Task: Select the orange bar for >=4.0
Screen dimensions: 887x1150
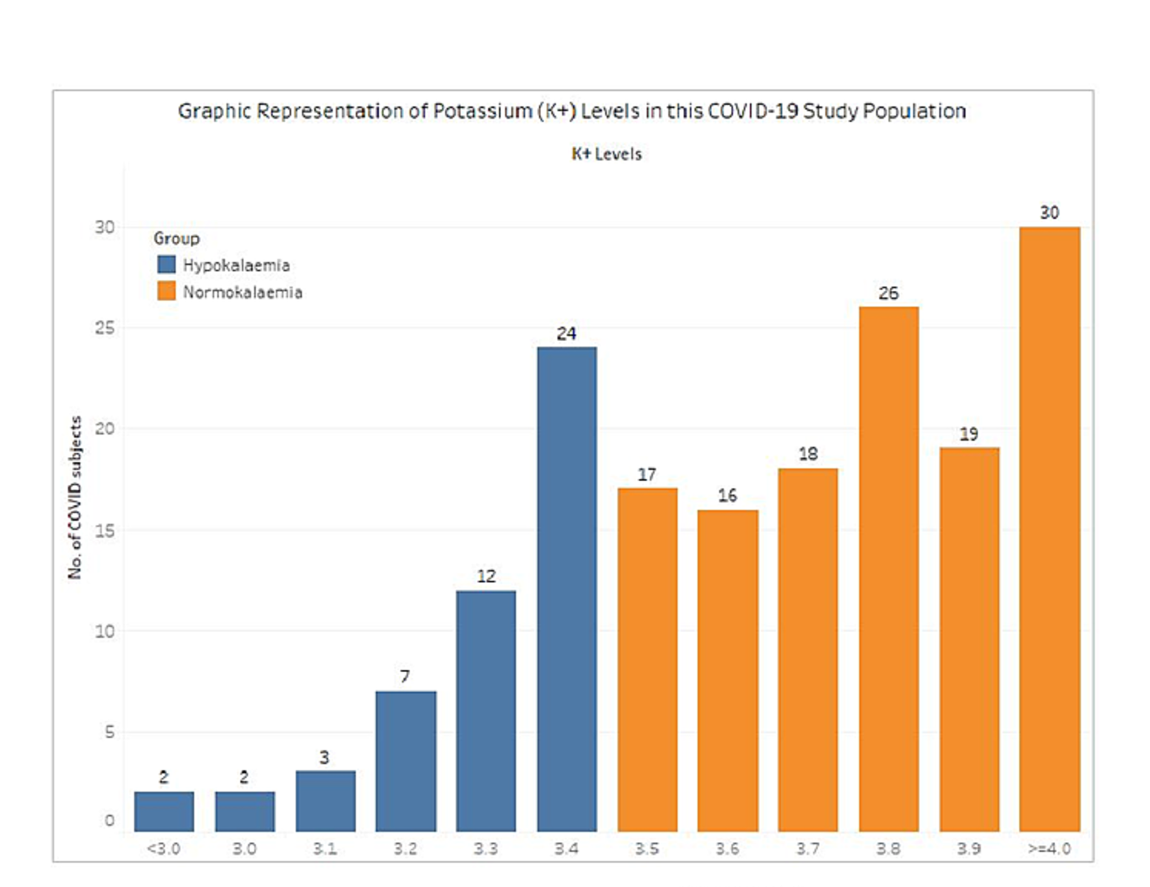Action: [x=1050, y=529]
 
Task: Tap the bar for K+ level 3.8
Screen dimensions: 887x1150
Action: [x=889, y=569]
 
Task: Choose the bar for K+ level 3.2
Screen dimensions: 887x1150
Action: [x=406, y=761]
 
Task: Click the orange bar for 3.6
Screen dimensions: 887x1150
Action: [x=728, y=670]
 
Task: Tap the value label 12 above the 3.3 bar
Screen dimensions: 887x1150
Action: [x=486, y=576]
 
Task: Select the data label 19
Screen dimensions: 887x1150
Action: [x=969, y=434]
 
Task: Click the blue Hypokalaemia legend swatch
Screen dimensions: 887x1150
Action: [x=166, y=265]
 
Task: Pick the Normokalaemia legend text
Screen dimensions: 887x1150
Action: [x=243, y=292]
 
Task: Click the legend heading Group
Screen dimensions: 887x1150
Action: [x=176, y=239]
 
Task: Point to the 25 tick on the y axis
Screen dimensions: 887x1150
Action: [x=105, y=328]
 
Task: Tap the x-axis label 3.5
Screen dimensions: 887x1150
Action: [x=647, y=849]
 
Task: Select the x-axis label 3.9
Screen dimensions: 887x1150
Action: [x=969, y=849]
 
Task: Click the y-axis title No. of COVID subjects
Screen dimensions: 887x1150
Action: [x=75, y=498]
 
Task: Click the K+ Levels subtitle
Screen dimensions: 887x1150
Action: [x=606, y=154]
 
